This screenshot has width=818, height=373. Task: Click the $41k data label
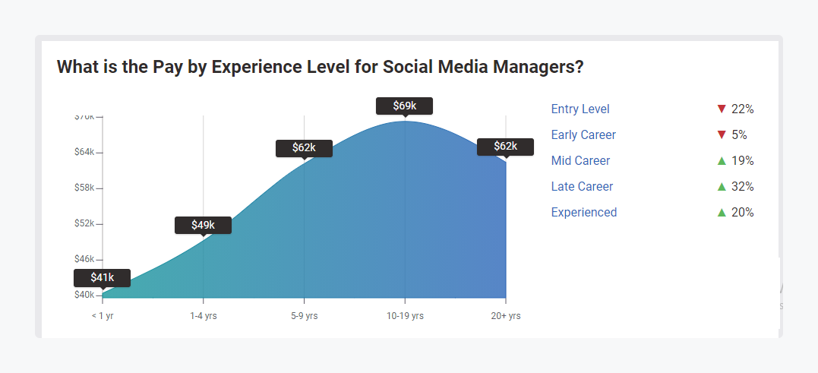pos(103,278)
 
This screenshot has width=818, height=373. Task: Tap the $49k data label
pos(203,225)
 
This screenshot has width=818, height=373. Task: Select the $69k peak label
pos(404,106)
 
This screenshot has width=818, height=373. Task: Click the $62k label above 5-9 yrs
pos(304,148)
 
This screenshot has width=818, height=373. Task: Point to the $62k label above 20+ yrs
pos(505,147)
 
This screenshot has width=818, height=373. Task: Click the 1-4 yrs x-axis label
pos(204,315)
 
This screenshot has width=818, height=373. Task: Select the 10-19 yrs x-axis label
pos(405,315)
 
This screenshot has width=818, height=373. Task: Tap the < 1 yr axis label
pos(103,315)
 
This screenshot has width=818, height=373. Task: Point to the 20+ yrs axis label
pos(506,315)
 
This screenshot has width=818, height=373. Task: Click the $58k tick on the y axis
pos(84,188)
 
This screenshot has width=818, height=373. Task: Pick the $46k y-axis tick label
pos(84,259)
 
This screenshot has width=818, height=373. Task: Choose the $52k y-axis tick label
pos(84,223)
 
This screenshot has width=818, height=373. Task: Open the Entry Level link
pos(580,109)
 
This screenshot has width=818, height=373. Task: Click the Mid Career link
pos(580,161)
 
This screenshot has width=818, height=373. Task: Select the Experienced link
pos(584,213)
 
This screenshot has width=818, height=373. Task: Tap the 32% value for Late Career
pos(742,187)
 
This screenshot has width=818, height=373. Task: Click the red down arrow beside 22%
pos(722,109)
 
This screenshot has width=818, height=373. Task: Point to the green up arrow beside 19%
pos(722,160)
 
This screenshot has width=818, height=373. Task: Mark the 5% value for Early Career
pos(739,135)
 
